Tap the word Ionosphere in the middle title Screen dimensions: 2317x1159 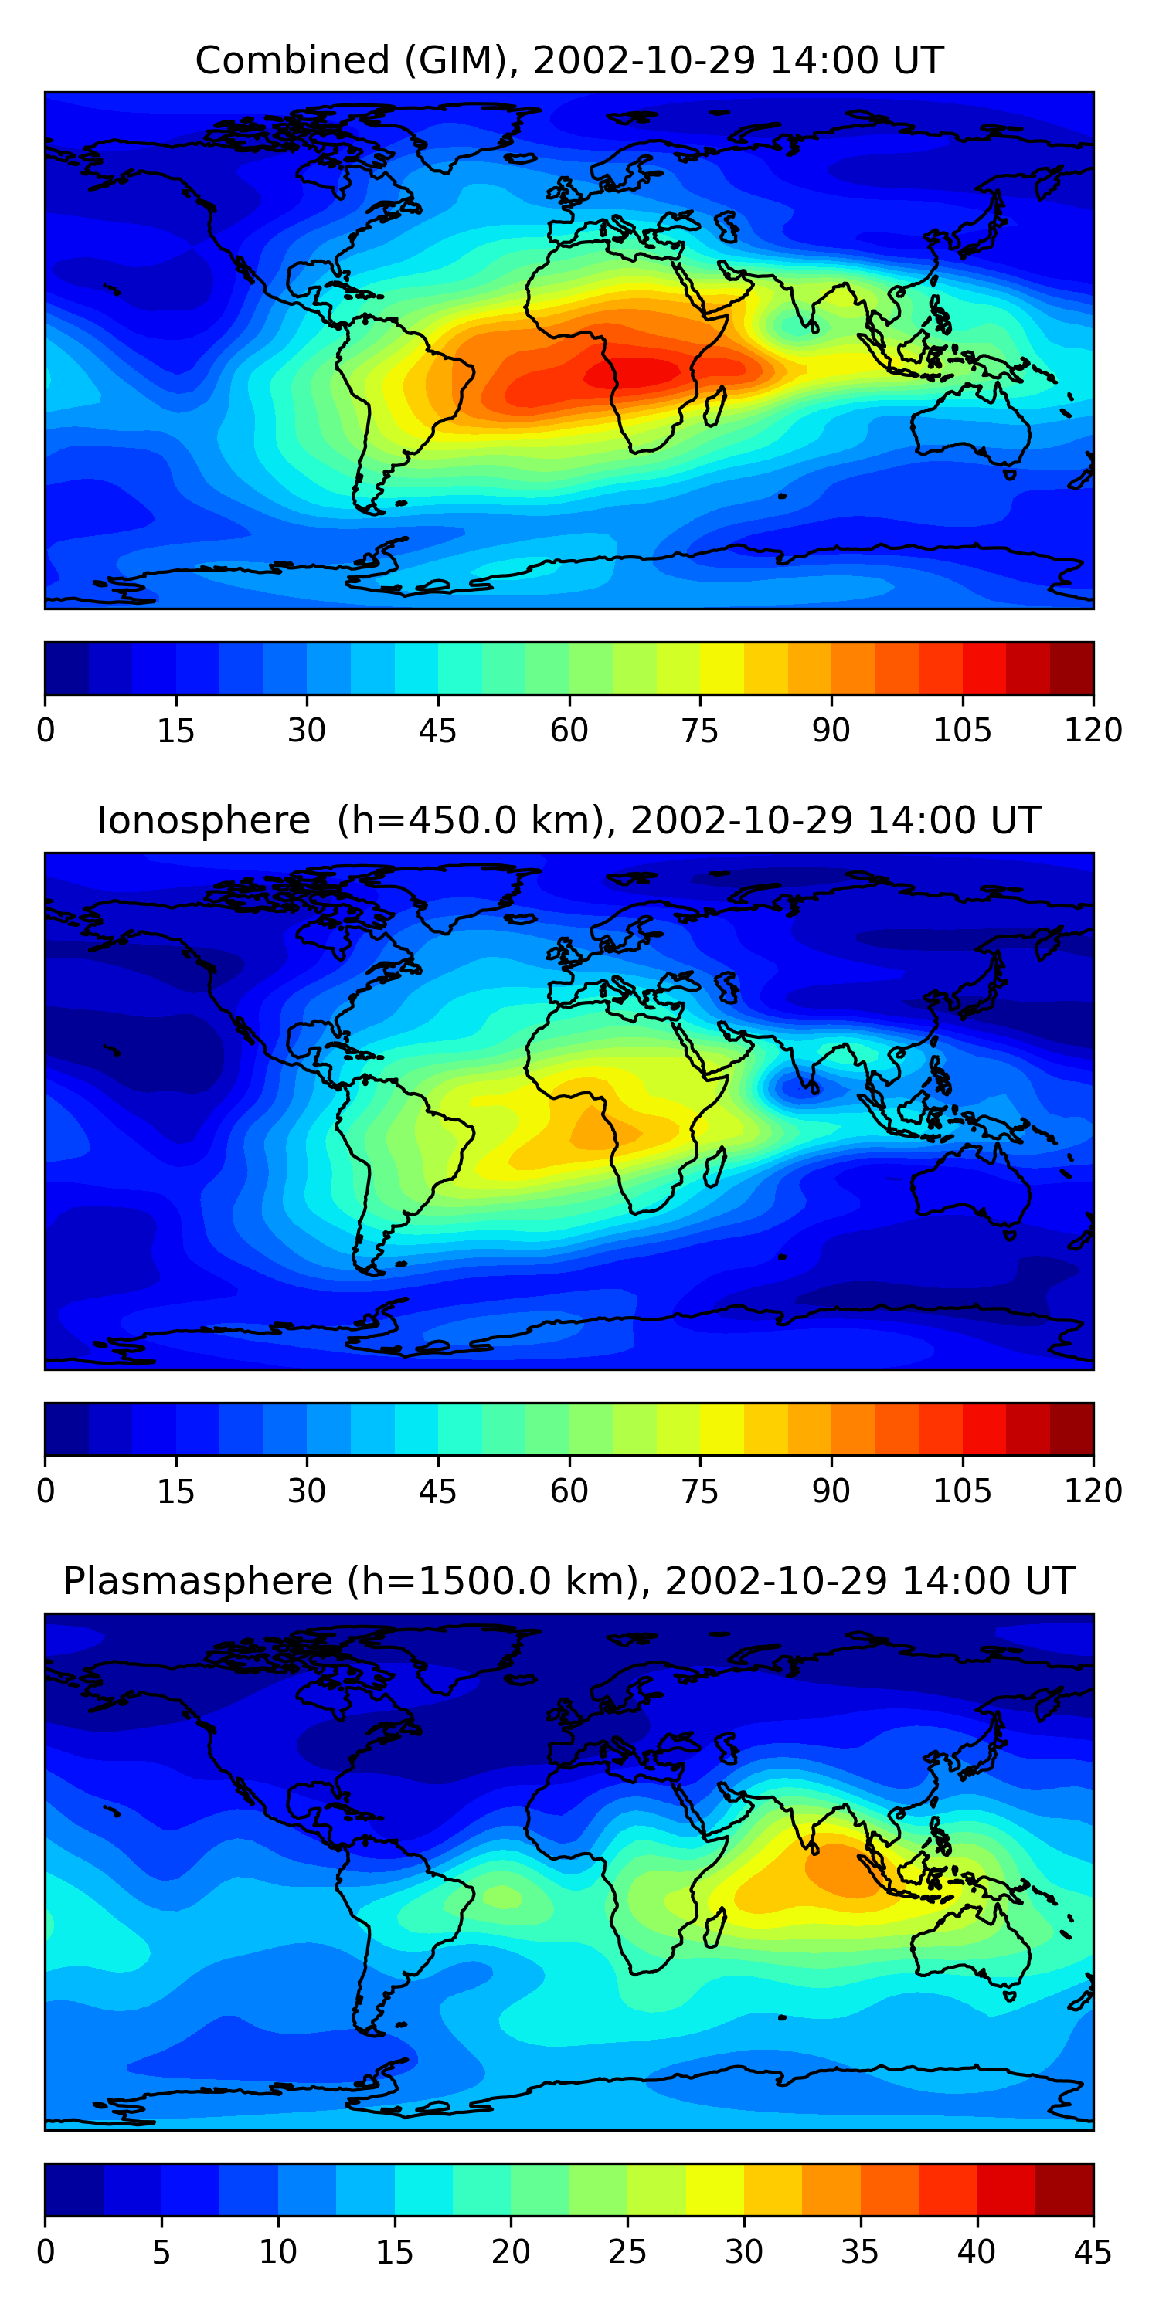(203, 821)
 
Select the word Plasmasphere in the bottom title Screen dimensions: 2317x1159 (198, 1581)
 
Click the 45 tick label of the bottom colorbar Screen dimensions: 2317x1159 (1093, 2251)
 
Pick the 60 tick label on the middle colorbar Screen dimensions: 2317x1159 (569, 1491)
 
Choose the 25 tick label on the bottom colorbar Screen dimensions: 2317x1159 (627, 2251)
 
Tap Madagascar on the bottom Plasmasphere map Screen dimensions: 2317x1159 (715, 1927)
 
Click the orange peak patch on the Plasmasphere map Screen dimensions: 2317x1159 (841, 1869)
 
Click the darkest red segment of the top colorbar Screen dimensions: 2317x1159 (1071, 668)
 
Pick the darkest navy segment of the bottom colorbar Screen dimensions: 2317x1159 (73, 2190)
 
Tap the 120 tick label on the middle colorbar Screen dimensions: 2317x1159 (1093, 1491)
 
